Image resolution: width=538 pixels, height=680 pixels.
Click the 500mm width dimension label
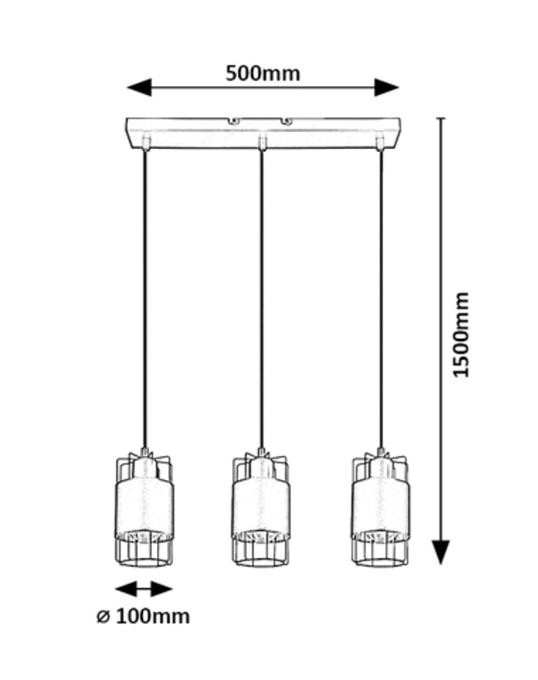click(x=263, y=74)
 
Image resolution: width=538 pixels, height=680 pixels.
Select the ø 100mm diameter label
click(x=143, y=616)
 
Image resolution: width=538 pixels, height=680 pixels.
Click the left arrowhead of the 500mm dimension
click(x=139, y=87)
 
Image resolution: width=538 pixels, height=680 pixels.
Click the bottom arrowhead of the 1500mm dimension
click(x=441, y=552)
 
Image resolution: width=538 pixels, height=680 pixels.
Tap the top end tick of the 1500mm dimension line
click(x=441, y=118)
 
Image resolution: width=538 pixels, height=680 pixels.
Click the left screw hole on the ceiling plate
click(x=233, y=120)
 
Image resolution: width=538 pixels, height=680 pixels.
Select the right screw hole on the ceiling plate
click(x=286, y=120)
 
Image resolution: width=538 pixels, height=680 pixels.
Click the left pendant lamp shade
click(x=144, y=507)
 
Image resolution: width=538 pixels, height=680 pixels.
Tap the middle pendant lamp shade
click(x=261, y=507)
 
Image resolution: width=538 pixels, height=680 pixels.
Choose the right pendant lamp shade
click(x=380, y=507)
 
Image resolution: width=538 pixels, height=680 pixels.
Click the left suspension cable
click(x=145, y=296)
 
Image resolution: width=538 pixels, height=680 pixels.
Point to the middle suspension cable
click(x=261, y=296)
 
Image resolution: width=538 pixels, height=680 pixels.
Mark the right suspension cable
click(x=380, y=296)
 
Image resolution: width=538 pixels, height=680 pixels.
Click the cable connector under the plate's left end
click(x=146, y=142)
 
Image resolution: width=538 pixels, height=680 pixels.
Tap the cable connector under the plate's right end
click(x=380, y=142)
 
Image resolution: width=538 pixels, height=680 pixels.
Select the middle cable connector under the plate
click(x=262, y=142)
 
